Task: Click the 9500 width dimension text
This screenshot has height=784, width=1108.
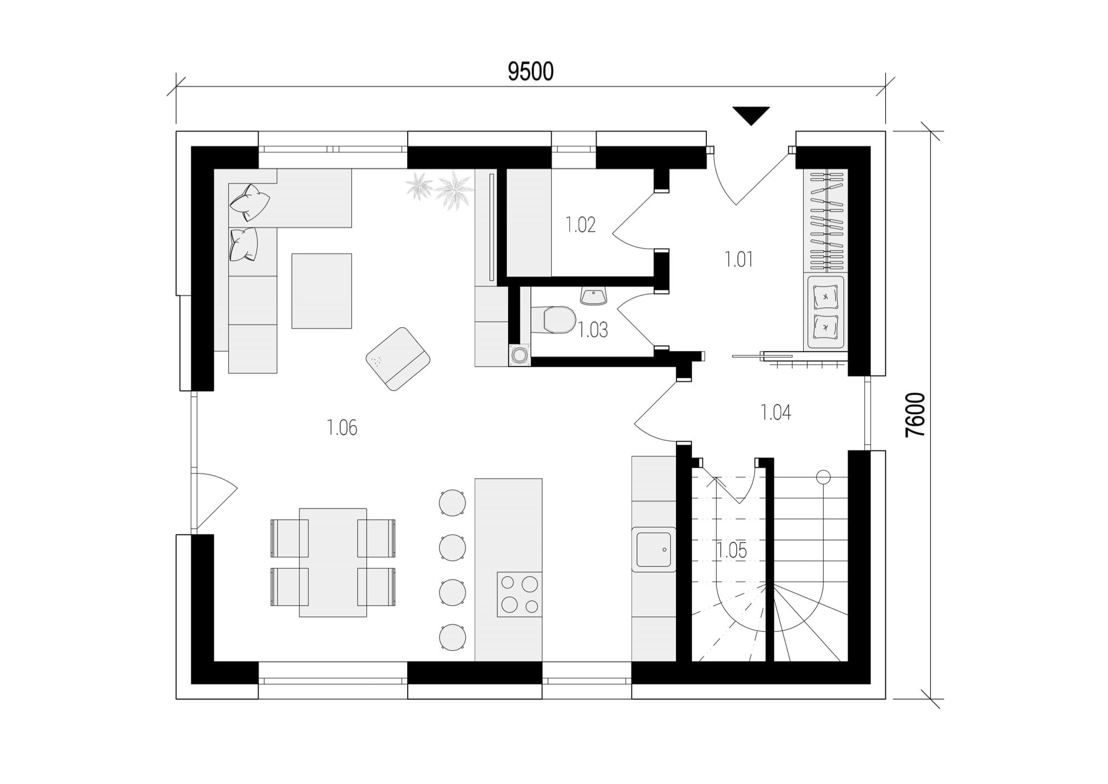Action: pos(531,72)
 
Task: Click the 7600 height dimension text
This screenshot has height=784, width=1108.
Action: pos(916,415)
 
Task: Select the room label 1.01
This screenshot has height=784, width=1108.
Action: pos(739,259)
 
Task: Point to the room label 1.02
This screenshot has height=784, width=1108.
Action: pos(581,225)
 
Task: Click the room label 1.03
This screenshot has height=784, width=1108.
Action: pos(593,330)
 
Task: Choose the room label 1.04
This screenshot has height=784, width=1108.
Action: pos(776,412)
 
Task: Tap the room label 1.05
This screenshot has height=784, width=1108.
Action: pos(731,551)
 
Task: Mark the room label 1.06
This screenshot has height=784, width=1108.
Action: pos(342,427)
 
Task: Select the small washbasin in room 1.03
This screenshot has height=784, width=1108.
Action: pos(594,296)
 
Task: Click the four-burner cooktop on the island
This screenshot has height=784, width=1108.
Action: pos(519,594)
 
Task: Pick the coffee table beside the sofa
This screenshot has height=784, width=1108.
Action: pos(322,291)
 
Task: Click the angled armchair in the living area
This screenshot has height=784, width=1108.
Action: pos(398,359)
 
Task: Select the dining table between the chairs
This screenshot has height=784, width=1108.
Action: pos(333,562)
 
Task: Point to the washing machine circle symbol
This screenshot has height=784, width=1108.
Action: pos(520,355)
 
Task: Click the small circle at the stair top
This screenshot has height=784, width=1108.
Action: pos(823,476)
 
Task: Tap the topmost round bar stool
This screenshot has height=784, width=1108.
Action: pos(452,503)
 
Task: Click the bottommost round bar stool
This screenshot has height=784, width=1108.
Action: pos(452,637)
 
